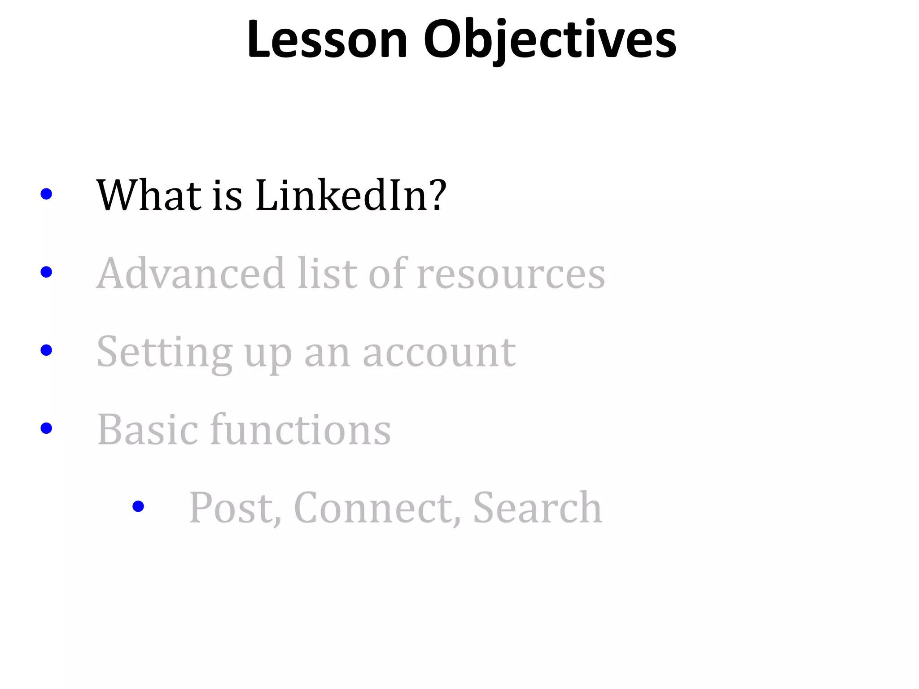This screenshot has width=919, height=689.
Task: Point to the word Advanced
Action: pyautogui.click(x=190, y=273)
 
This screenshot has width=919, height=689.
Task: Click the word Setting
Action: pyautogui.click(x=165, y=352)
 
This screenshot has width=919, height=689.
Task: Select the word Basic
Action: pyautogui.click(x=148, y=430)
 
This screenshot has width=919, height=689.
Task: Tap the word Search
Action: pyautogui.click(x=537, y=508)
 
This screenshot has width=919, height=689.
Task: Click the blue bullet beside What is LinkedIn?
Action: pyautogui.click(x=46, y=194)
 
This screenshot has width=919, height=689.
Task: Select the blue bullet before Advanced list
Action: pyautogui.click(x=46, y=272)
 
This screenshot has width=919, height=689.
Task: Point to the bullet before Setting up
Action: pyautogui.click(x=46, y=350)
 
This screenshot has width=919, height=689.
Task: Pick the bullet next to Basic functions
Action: pyautogui.click(x=46, y=428)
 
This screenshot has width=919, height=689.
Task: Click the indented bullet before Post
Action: pyautogui.click(x=138, y=506)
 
